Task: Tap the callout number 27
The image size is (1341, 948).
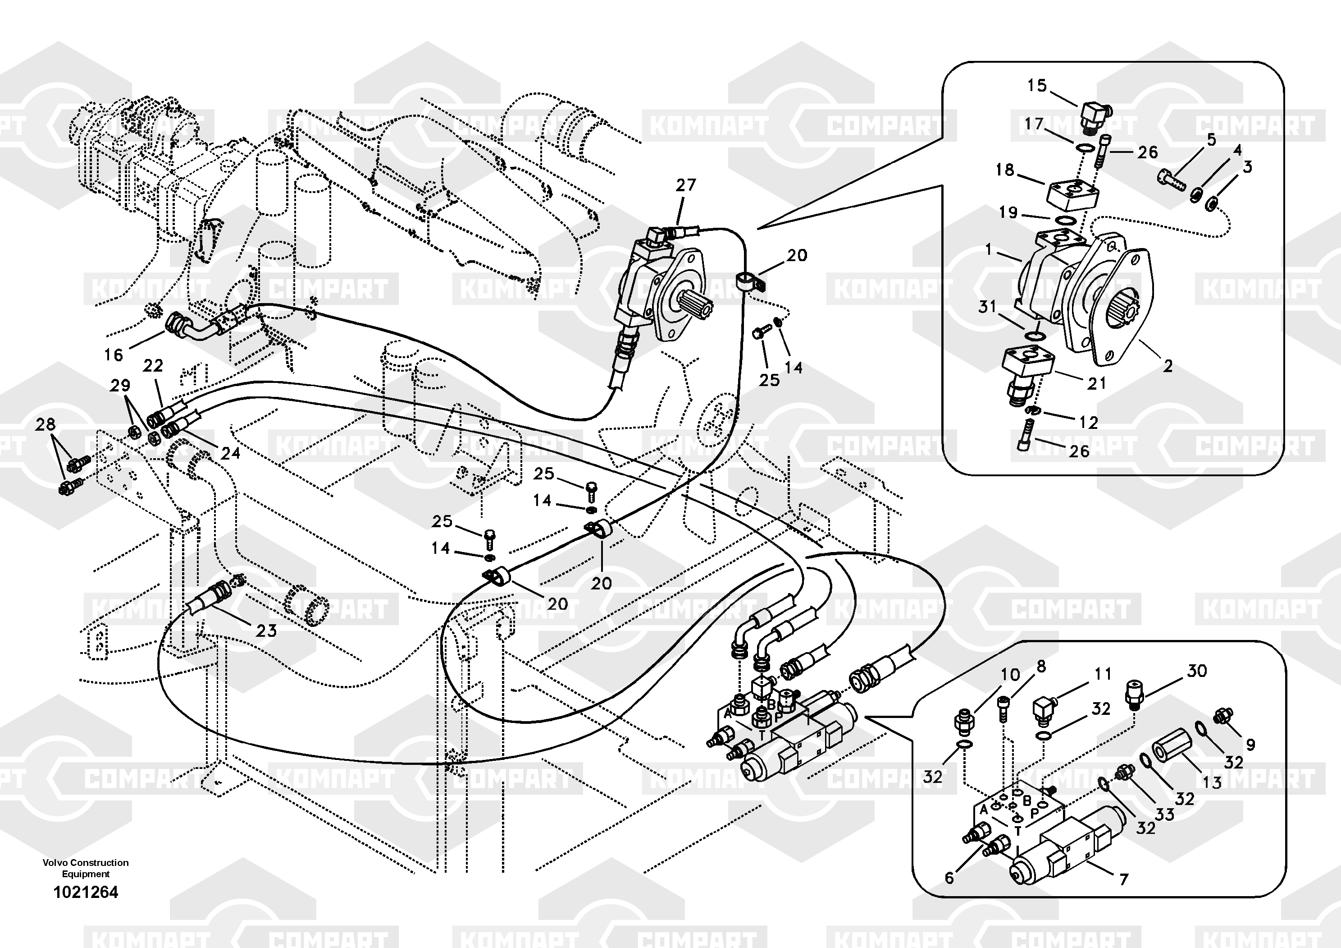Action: pyautogui.click(x=686, y=185)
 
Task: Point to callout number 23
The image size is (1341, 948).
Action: pyautogui.click(x=266, y=630)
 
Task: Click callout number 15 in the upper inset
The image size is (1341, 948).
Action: pyautogui.click(x=1037, y=86)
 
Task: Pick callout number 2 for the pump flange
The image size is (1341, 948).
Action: pyautogui.click(x=1168, y=367)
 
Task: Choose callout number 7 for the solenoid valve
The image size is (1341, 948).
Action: pyautogui.click(x=1123, y=879)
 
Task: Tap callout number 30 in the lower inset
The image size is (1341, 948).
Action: pyautogui.click(x=1197, y=671)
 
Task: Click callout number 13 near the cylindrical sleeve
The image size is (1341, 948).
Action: pyautogui.click(x=1212, y=782)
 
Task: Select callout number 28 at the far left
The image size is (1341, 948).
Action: pyautogui.click(x=45, y=424)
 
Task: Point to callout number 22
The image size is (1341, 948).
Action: pyautogui.click(x=153, y=366)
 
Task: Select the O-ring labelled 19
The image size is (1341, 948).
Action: pyautogui.click(x=1065, y=220)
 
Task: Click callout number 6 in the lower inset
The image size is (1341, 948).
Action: pyautogui.click(x=949, y=878)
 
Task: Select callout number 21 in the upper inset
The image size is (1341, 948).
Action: pyautogui.click(x=1096, y=383)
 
